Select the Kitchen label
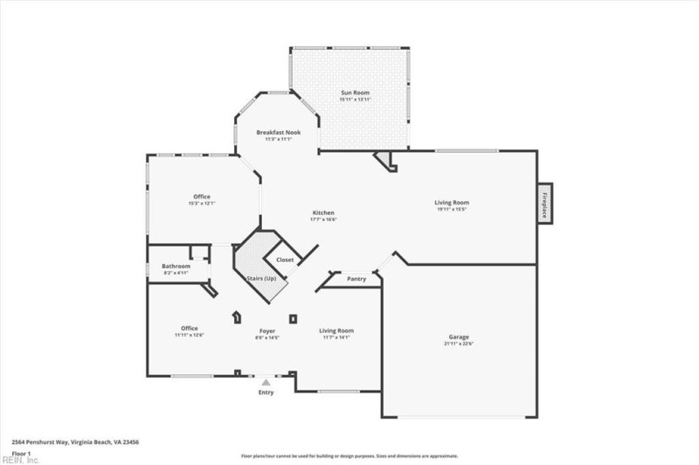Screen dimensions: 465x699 click(x=323, y=212)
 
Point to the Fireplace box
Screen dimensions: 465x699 click(x=544, y=204)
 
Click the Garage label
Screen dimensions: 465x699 click(x=459, y=337)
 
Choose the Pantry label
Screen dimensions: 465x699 click(x=356, y=279)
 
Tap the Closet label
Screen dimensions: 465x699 click(x=285, y=260)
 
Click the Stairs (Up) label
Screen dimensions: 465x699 click(x=260, y=278)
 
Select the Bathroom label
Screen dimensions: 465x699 click(x=176, y=266)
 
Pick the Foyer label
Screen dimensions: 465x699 click(x=267, y=330)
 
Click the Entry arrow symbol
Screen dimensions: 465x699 click(x=266, y=382)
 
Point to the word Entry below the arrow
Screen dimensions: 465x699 click(x=266, y=392)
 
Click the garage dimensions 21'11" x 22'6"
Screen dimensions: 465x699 click(x=459, y=344)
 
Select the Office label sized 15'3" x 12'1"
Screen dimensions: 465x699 click(x=202, y=196)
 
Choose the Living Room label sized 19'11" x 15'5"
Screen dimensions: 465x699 click(x=452, y=202)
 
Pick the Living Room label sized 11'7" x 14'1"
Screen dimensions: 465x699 click(x=336, y=330)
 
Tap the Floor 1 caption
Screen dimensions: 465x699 click(x=22, y=453)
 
